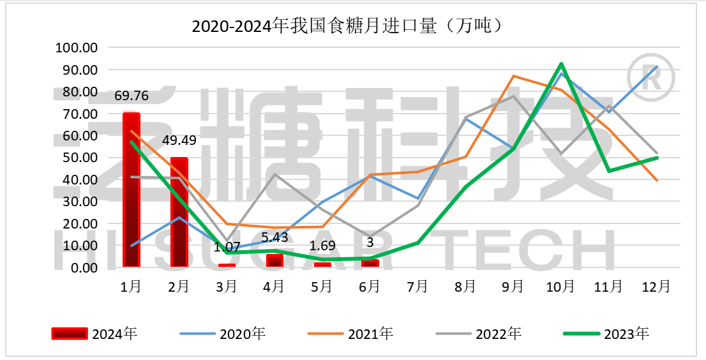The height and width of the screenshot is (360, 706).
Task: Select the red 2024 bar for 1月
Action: click(x=131, y=190)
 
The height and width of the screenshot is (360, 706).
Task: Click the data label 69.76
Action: click(x=131, y=96)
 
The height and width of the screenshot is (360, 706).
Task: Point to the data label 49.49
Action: click(x=179, y=140)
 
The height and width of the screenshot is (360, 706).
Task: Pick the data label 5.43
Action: click(x=274, y=238)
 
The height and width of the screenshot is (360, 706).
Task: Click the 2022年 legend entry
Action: click(x=478, y=333)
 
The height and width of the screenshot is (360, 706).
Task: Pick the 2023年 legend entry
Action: click(x=606, y=333)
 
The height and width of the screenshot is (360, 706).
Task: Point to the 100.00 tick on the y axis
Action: click(x=76, y=48)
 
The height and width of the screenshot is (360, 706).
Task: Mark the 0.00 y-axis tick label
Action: click(x=81, y=268)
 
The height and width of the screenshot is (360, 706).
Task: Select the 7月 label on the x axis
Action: click(x=417, y=287)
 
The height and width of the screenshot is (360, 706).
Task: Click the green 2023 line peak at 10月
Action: click(x=561, y=64)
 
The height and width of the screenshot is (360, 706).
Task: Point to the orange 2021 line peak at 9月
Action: click(x=513, y=76)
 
